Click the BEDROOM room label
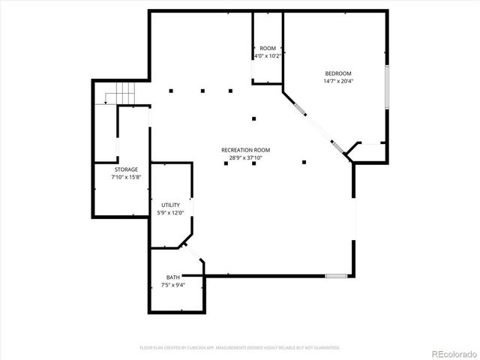point(337,73)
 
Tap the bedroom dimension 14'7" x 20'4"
point(337,81)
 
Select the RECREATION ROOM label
point(245,150)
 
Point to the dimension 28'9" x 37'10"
point(245,157)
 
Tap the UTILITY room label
point(170,205)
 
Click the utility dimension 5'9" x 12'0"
point(170,212)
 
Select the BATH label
point(172,277)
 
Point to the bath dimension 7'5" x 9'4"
point(172,285)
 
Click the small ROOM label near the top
point(268,49)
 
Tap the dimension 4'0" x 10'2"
point(268,56)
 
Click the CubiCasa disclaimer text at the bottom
point(240,347)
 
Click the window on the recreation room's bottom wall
point(336,275)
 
